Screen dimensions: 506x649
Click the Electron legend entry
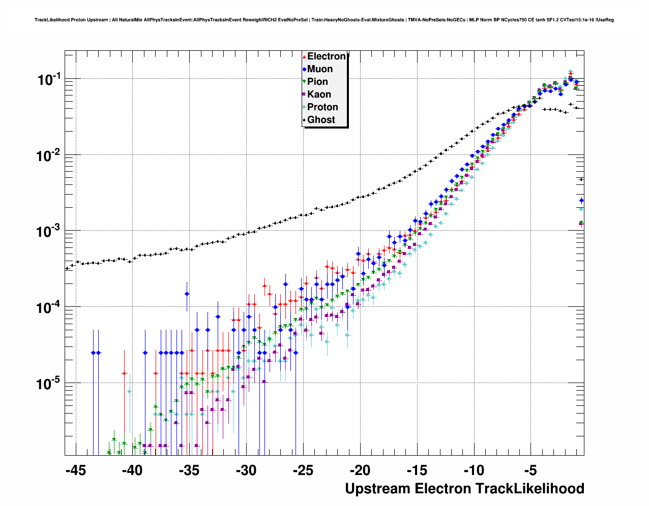coord(326,56)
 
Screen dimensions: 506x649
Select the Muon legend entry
coord(320,69)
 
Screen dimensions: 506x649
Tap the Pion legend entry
coord(317,82)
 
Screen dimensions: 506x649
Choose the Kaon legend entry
coord(319,94)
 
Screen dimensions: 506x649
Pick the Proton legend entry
coord(322,107)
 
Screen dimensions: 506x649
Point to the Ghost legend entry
coord(321,120)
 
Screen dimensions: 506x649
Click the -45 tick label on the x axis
coord(76,470)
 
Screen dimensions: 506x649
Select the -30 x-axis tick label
coord(246,470)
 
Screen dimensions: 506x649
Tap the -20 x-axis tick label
coord(360,470)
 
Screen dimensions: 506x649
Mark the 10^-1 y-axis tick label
coord(49,79)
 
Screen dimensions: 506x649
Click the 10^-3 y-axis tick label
coord(49,232)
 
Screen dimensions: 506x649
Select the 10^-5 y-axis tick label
coord(49,384)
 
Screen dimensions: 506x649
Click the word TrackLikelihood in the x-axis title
coord(529,489)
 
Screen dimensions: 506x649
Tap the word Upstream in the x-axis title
coord(378,489)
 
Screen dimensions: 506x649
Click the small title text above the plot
coord(324,20)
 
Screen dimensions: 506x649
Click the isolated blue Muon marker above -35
coord(187,294)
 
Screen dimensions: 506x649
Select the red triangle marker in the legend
coord(304,57)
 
